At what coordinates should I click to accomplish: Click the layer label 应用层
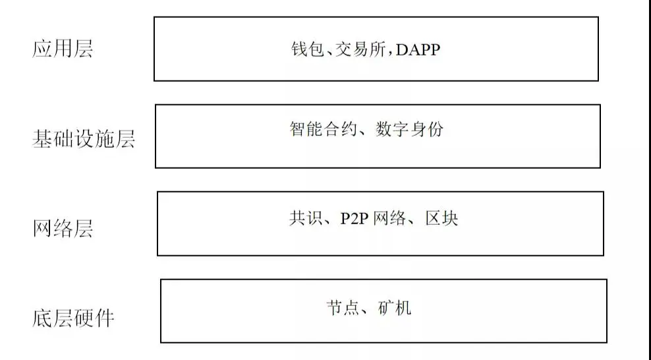pos(63,49)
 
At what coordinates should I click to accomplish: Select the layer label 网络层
pos(63,229)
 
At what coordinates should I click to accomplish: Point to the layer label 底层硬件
pos(73,318)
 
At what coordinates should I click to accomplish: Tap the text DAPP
pos(417,50)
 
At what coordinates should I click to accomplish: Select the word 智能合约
pos(322,129)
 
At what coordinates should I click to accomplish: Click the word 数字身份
pos(409,129)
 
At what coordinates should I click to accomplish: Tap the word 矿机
pos(395,308)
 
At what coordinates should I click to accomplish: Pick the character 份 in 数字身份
pos(435,129)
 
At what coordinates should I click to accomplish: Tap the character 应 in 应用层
pos(42,49)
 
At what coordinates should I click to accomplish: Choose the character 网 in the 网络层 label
pos(42,229)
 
